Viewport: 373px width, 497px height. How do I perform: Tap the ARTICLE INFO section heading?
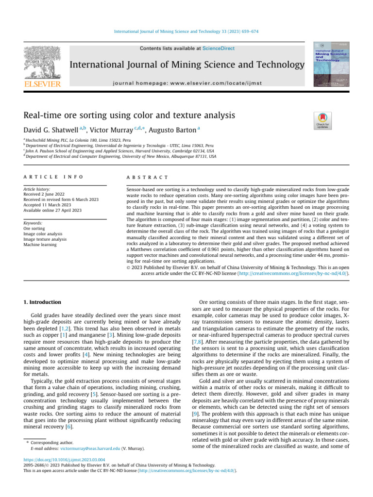[53, 178]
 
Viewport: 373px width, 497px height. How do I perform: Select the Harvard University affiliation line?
[120, 151]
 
